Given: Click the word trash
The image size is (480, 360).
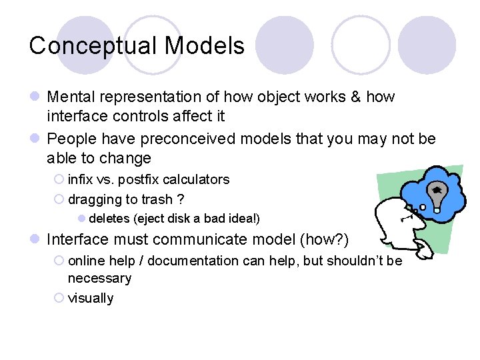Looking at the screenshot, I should point(156,199).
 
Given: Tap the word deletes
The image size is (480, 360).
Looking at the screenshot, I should point(110,219).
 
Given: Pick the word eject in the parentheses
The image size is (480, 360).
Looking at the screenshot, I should point(151,219).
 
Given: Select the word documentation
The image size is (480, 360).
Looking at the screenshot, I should point(193,261).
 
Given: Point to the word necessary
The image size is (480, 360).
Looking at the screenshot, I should point(99,278).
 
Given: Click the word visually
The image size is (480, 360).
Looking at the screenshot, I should point(91,298).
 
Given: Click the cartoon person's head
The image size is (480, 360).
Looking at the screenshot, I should point(394,220).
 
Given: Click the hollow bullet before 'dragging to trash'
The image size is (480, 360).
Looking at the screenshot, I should point(59,199).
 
